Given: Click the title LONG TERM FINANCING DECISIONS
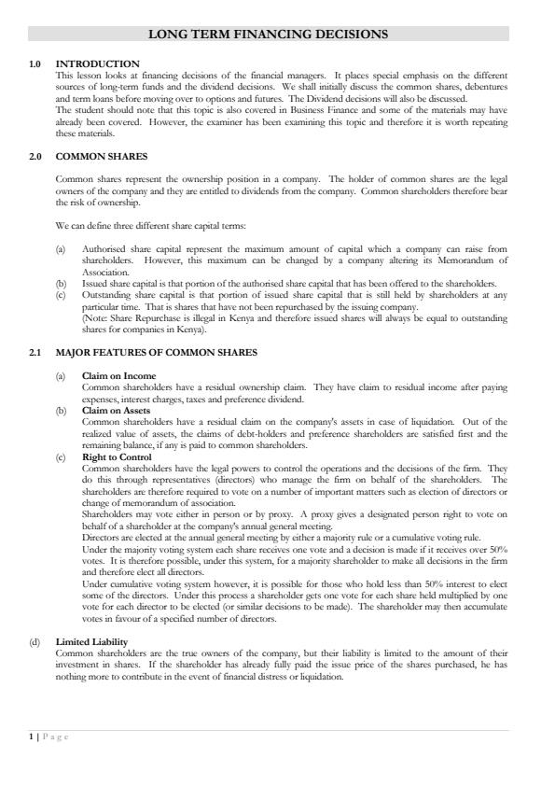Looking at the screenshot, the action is click(268, 35).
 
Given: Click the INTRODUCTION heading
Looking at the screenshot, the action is click(98, 63).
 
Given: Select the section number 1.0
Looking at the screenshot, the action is click(35, 63).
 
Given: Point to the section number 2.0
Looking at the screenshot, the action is click(35, 156).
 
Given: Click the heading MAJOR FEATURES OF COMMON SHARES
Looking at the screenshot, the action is click(157, 353).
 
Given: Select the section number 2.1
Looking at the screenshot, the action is click(35, 353).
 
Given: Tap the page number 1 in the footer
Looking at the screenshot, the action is click(31, 737).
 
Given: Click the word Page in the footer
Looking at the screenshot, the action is click(56, 737).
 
